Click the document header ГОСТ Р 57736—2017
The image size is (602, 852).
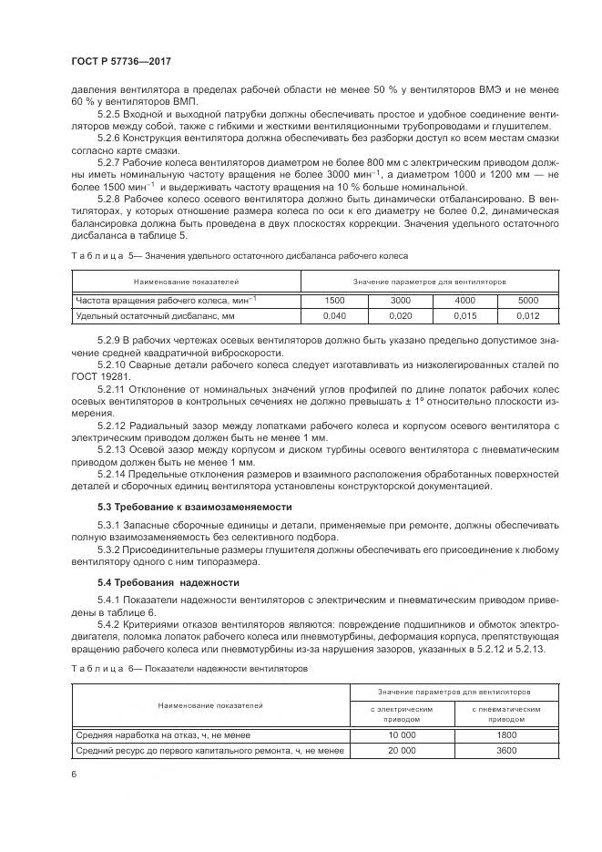click(x=121, y=61)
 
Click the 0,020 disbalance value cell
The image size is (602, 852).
click(x=401, y=315)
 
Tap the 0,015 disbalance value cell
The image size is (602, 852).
click(x=464, y=315)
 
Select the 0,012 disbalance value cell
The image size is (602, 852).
click(x=528, y=315)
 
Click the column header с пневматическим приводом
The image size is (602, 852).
click(x=506, y=712)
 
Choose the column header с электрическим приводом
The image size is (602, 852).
click(x=402, y=712)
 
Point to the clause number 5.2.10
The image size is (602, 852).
click(x=113, y=364)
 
